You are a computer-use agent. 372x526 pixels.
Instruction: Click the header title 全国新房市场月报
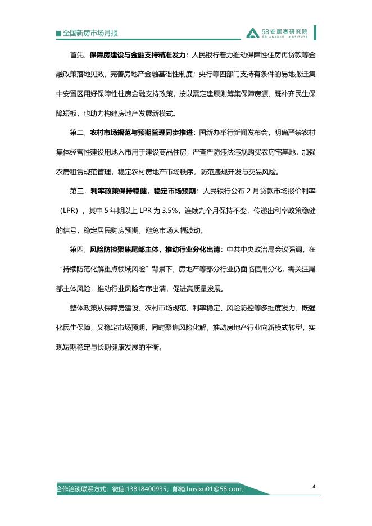[90, 33]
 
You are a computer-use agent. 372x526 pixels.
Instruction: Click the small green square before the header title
[59, 34]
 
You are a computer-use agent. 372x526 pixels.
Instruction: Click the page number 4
[314, 487]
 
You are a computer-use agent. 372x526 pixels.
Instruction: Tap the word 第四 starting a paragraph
[77, 250]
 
